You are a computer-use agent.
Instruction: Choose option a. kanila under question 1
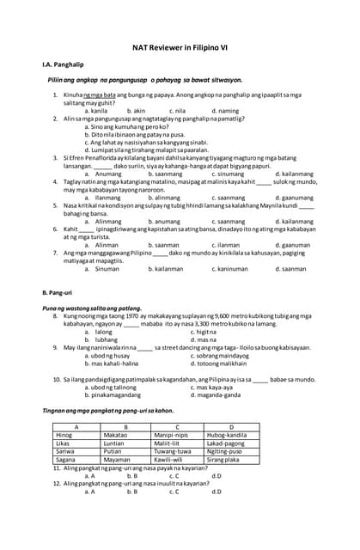pyautogui.click(x=95, y=111)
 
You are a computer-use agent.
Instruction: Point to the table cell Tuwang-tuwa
pyautogui.click(x=174, y=451)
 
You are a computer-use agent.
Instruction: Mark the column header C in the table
pyautogui.click(x=176, y=427)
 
